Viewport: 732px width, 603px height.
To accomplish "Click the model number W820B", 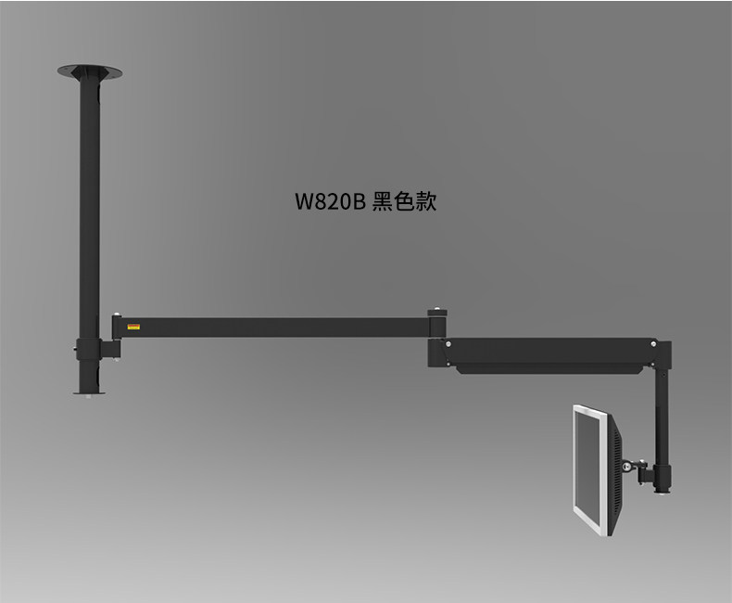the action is [331, 201].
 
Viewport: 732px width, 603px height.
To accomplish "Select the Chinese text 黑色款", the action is [404, 201].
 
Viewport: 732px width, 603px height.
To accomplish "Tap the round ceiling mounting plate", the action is [90, 71].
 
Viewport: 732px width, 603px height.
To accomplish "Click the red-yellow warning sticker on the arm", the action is [133, 327].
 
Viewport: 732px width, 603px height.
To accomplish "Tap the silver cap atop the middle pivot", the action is [435, 314].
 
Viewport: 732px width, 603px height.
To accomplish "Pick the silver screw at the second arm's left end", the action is [448, 344].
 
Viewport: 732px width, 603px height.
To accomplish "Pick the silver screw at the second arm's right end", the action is [654, 345].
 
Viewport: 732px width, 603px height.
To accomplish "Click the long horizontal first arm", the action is [278, 327].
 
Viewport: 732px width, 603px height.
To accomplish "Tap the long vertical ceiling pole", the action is [89, 204].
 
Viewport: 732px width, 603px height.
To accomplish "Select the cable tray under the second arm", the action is [547, 368].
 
